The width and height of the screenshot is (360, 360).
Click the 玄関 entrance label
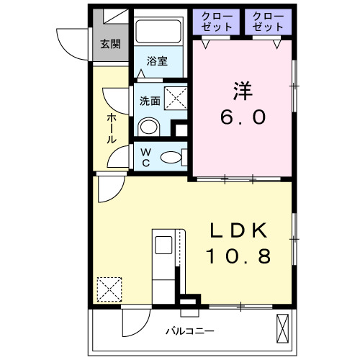coord(110,44)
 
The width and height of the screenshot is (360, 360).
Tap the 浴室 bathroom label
coord(158,61)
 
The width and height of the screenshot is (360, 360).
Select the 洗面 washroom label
coord(150,101)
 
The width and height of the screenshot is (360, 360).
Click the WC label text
coord(145,156)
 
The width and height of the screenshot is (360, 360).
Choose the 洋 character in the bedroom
coord(241,92)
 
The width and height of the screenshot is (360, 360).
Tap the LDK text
coord(240,231)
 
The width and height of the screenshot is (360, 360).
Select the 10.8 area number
coord(240,256)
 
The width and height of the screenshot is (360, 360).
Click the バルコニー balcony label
coord(189,331)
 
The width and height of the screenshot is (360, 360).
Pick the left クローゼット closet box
coord(217,22)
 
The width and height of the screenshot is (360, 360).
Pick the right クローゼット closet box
coord(267,22)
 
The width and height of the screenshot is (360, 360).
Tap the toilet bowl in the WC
coord(171,157)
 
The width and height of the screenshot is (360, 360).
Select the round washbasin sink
coord(148,127)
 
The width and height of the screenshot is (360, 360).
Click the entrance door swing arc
coord(68,42)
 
